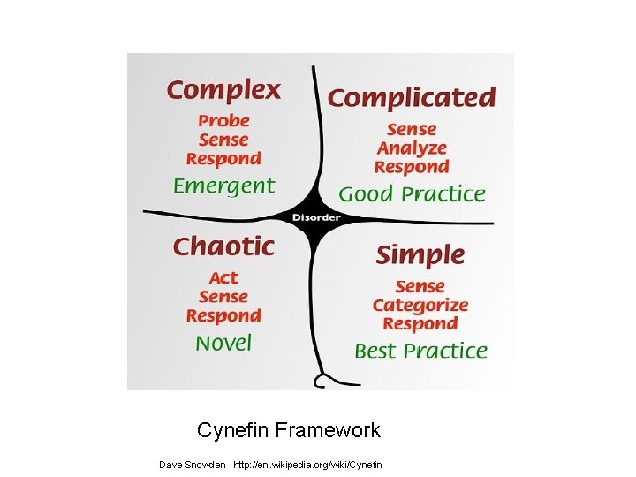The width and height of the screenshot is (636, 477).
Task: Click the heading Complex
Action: pyautogui.click(x=223, y=90)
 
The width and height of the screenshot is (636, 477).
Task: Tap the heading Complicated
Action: pyautogui.click(x=412, y=97)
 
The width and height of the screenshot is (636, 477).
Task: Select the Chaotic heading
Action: pyautogui.click(x=223, y=246)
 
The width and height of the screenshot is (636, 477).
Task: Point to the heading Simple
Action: pyautogui.click(x=420, y=256)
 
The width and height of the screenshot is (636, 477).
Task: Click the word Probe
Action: pyautogui.click(x=223, y=120)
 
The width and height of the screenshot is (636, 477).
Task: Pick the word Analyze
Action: pyautogui.click(x=412, y=148)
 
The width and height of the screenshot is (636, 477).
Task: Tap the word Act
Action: pyautogui.click(x=223, y=277)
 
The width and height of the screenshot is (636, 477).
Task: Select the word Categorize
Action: pyautogui.click(x=420, y=306)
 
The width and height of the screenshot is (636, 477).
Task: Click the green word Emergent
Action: pyautogui.click(x=223, y=185)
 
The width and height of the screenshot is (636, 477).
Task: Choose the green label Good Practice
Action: pyautogui.click(x=412, y=193)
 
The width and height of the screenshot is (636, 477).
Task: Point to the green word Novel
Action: pyautogui.click(x=223, y=343)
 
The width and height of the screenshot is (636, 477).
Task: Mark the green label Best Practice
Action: pyautogui.click(x=420, y=351)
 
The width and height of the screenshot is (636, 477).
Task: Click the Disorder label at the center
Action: pyautogui.click(x=315, y=217)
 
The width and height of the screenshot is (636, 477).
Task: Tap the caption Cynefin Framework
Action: pyautogui.click(x=289, y=430)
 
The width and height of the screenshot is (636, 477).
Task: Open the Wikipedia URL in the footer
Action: pyautogui.click(x=308, y=464)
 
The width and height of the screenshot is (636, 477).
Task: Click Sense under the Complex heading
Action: pyautogui.click(x=223, y=140)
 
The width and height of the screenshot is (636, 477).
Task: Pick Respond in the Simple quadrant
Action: pyautogui.click(x=420, y=324)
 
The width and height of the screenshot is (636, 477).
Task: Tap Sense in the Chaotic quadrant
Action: pyautogui.click(x=223, y=297)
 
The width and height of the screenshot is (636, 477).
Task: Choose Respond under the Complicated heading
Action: pyautogui.click(x=412, y=167)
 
